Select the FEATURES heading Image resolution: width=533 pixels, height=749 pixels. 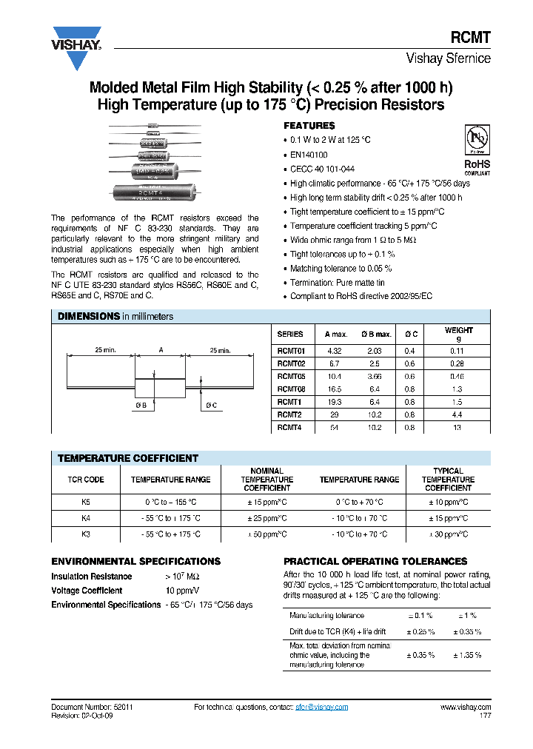click(x=309, y=126)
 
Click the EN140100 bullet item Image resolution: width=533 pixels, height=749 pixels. click(x=309, y=155)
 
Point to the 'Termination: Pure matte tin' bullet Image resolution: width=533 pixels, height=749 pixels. click(x=337, y=283)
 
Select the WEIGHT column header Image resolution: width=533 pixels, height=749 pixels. click(x=459, y=334)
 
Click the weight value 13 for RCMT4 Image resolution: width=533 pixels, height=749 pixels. click(x=459, y=428)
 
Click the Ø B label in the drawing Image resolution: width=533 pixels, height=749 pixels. click(x=141, y=405)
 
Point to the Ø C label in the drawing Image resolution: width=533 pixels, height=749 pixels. click(x=211, y=405)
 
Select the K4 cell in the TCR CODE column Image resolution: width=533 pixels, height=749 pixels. click(x=86, y=518)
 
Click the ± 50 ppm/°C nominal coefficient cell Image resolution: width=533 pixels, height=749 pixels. click(x=266, y=534)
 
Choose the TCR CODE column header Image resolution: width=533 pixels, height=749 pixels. click(x=86, y=480)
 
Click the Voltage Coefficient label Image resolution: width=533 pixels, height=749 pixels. click(x=87, y=591)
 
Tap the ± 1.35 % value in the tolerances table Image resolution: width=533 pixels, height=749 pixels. click(x=466, y=655)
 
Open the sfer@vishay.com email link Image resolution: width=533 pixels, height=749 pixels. click(x=323, y=708)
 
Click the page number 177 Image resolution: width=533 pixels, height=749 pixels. click(x=484, y=716)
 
